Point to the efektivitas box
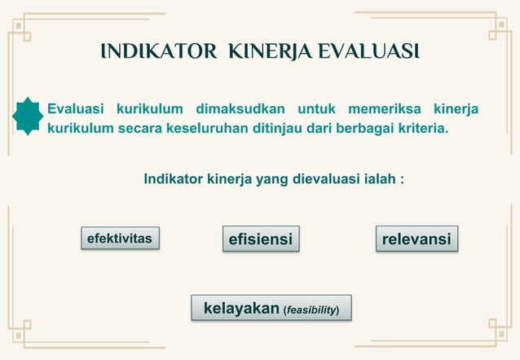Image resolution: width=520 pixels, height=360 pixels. point(120,237)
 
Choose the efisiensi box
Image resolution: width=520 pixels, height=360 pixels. point(260,239)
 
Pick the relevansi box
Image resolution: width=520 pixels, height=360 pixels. point(416,239)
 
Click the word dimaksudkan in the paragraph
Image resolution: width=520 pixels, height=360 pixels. point(240,109)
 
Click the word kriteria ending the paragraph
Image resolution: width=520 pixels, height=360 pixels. point(419,129)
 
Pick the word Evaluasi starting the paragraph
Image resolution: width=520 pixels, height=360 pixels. point(78,109)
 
